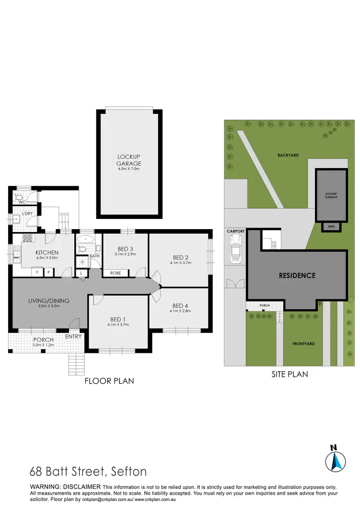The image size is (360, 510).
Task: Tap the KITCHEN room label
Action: point(47,253)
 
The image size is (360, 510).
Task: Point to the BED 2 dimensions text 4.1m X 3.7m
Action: point(180,263)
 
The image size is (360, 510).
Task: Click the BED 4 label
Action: point(180,305)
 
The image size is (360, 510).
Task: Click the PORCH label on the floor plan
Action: point(43,340)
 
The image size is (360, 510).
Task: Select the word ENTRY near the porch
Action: point(74,336)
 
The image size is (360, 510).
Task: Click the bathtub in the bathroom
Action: point(87,239)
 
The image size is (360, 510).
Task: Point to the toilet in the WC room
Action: point(19,197)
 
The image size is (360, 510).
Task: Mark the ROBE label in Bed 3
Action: point(115,273)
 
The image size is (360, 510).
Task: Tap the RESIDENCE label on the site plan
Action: point(298,276)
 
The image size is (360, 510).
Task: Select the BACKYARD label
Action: point(288,155)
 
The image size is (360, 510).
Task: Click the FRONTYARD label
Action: point(303,344)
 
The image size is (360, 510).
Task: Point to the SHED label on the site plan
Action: point(331,227)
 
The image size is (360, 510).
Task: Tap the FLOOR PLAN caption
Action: point(109,381)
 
